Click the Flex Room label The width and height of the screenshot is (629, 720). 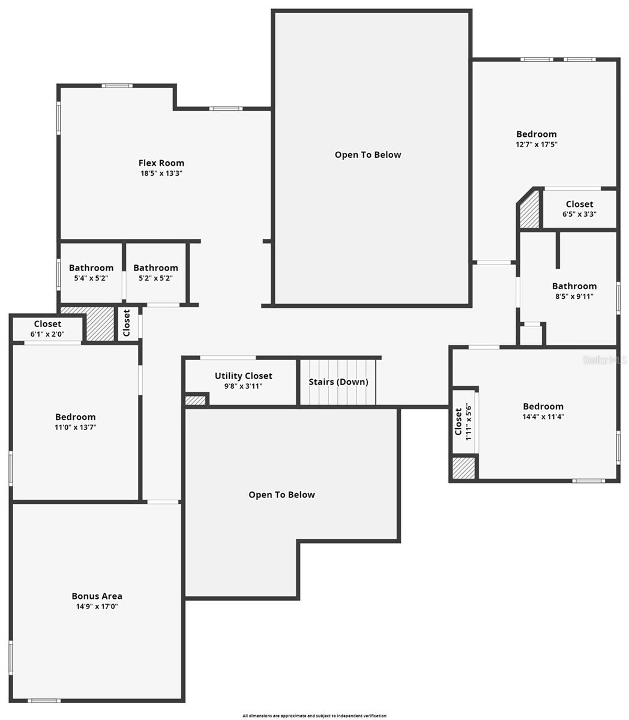(161, 163)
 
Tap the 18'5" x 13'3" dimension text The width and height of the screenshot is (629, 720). (161, 173)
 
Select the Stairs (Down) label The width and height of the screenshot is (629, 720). (338, 382)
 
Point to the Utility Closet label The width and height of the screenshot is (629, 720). (243, 376)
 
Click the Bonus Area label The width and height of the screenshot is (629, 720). (97, 596)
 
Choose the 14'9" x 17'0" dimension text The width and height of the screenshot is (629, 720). (97, 607)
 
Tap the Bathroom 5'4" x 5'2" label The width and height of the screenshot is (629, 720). (91, 268)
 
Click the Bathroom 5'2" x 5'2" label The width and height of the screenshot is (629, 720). (155, 268)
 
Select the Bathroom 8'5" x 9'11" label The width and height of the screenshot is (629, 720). (574, 286)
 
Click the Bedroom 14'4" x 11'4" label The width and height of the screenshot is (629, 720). (543, 406)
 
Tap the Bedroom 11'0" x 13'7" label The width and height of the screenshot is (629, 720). (75, 417)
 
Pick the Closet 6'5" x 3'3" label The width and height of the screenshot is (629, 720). (579, 204)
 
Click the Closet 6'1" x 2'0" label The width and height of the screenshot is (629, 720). (47, 324)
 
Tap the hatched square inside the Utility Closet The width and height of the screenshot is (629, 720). (194, 400)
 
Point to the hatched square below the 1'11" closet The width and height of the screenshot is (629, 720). (463, 468)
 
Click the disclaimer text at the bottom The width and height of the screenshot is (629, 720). (314, 715)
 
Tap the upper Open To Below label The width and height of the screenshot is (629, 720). (367, 155)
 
